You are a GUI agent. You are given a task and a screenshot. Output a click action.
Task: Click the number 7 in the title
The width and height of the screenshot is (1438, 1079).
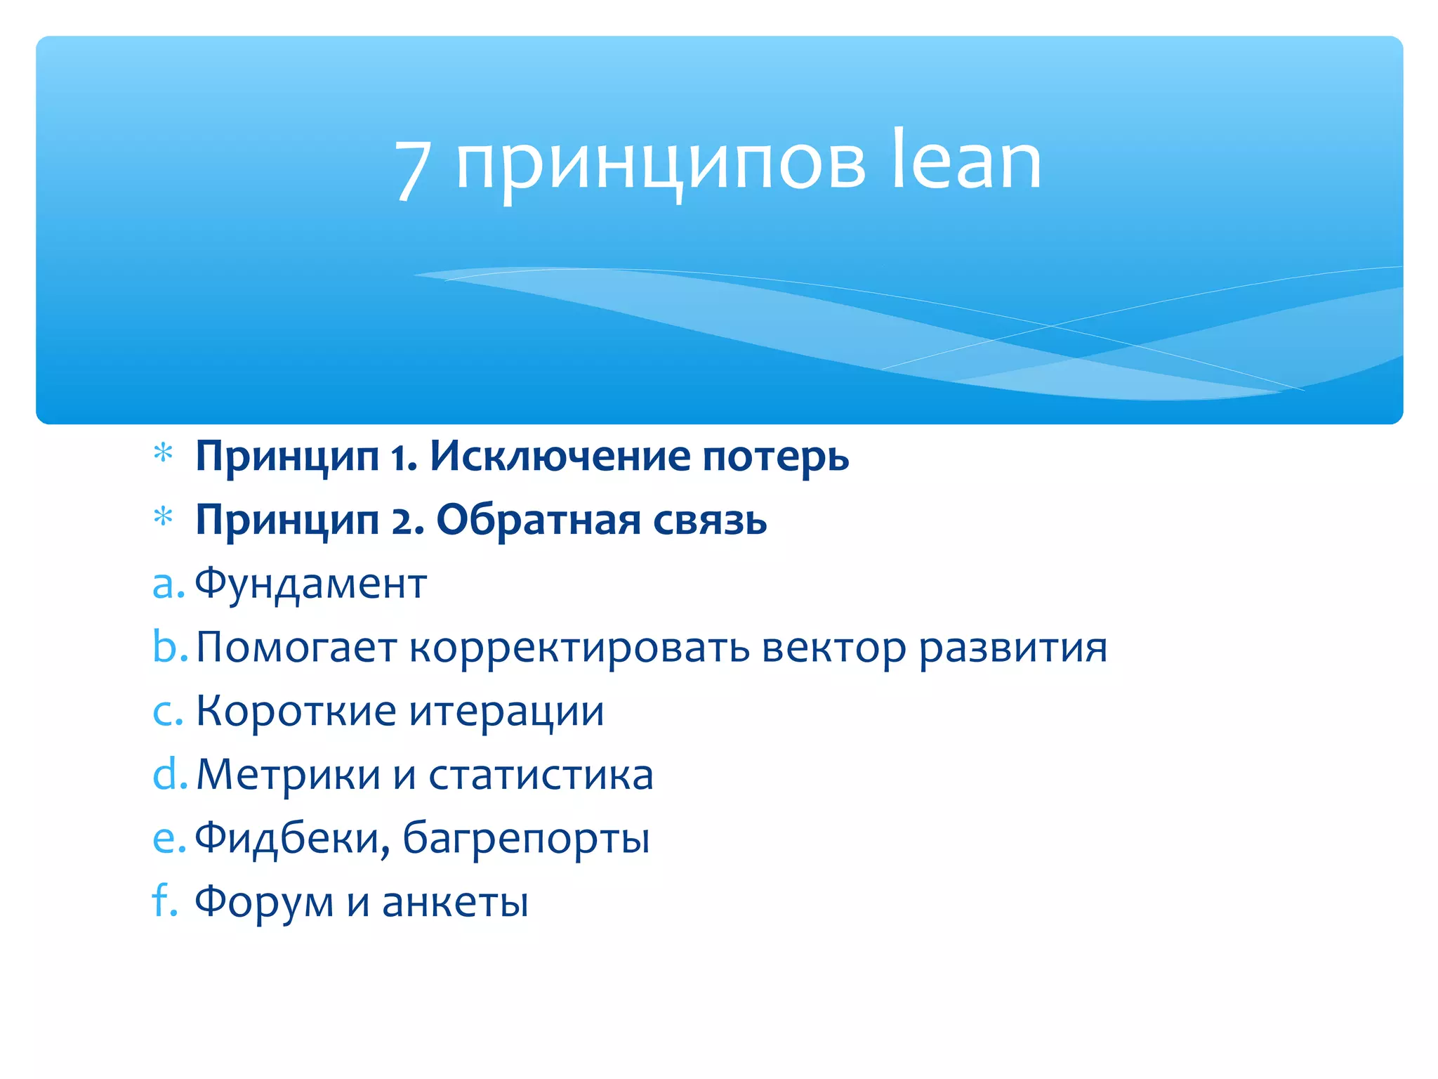[412, 169]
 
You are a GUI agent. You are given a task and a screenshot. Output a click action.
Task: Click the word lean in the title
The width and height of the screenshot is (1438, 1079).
[966, 162]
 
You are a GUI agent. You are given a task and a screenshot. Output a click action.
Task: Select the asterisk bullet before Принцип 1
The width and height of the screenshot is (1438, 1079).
[163, 454]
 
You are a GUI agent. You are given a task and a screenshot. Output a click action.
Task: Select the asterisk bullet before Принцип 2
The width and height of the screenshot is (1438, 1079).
[163, 518]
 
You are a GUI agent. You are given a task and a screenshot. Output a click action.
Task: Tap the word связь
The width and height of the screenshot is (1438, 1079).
[710, 521]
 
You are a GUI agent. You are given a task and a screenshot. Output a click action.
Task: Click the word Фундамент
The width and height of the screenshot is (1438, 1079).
[310, 583]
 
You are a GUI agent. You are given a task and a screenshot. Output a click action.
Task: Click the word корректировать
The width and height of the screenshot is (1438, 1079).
[579, 648]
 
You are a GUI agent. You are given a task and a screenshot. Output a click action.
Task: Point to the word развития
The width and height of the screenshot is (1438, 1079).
[1012, 648]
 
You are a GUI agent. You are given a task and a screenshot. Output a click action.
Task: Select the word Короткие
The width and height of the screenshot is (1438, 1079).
[296, 711]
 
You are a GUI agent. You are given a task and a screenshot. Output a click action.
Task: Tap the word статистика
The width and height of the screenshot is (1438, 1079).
[541, 776]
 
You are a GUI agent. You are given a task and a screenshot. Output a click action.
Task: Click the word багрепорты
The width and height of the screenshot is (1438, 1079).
[526, 839]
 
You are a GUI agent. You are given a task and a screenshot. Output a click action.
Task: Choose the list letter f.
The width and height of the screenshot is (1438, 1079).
[163, 900]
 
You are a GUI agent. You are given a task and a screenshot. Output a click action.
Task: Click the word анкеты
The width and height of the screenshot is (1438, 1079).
[455, 902]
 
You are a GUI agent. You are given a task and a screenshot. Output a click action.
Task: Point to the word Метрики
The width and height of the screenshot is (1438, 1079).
[288, 775]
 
